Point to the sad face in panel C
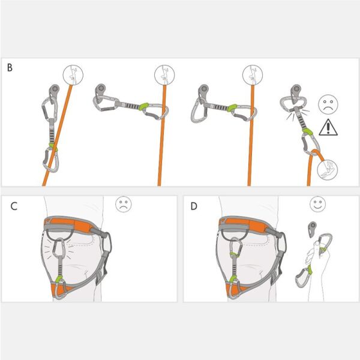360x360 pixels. (x=124, y=205)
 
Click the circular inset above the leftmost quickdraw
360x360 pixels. (x=73, y=76)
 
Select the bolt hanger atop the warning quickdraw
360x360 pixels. (x=296, y=92)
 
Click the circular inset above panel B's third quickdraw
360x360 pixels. (x=253, y=76)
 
